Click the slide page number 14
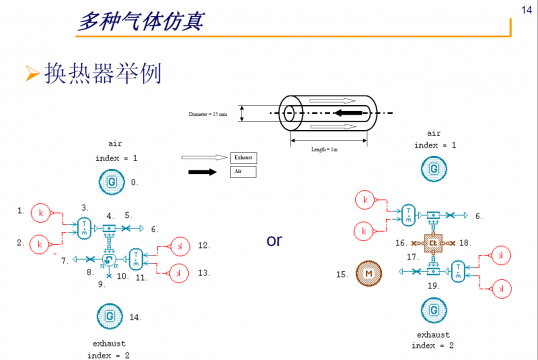coord(526,10)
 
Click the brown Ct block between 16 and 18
coord(434,243)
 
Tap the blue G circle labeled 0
coord(111,182)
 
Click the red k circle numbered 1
coord(40,213)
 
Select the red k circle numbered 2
coord(40,243)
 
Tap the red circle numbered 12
coord(179,245)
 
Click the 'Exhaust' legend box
coord(243,158)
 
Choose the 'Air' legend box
coord(242,172)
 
